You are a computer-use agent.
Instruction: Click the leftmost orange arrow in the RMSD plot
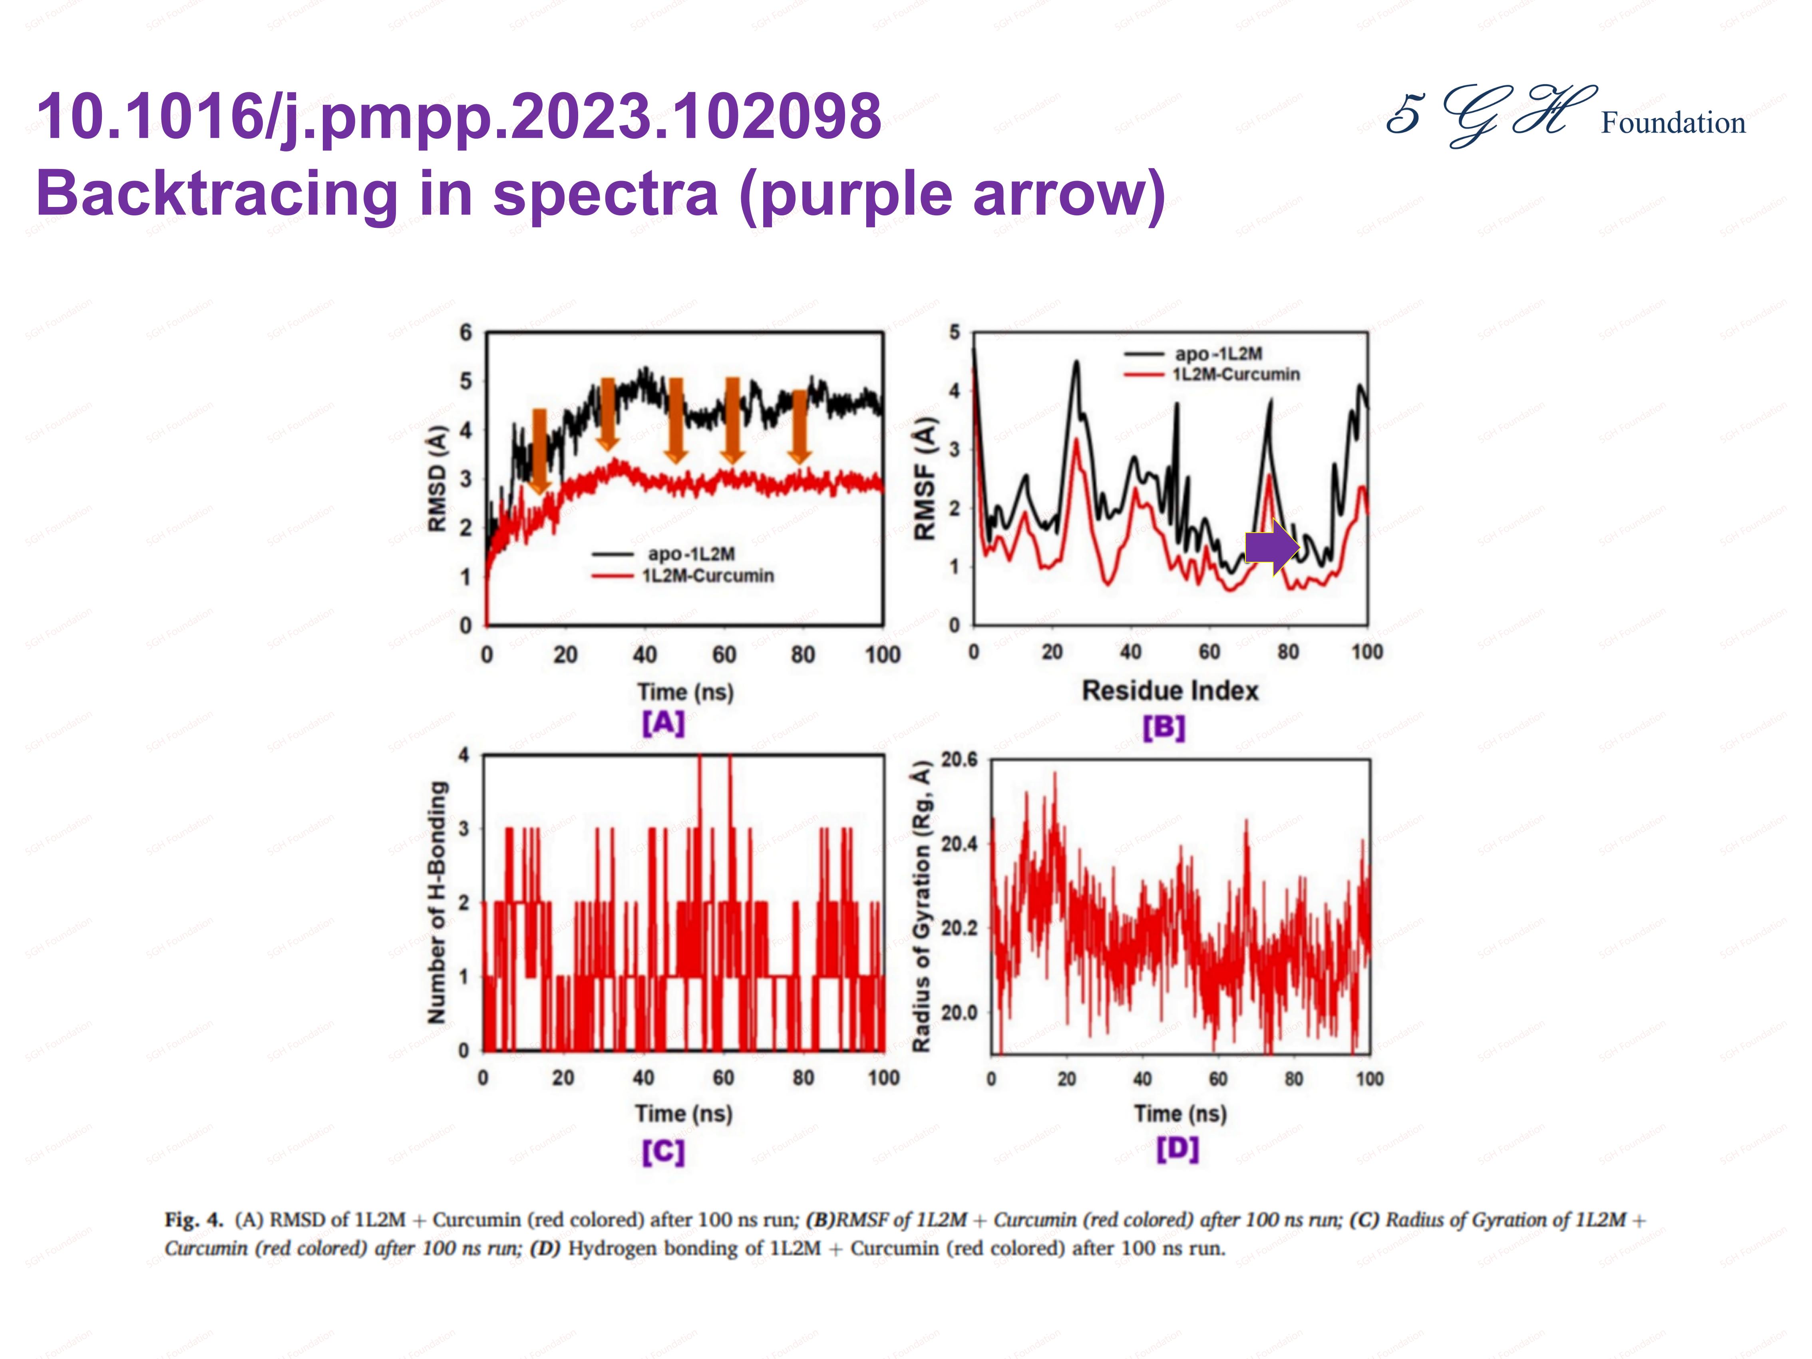coord(539,451)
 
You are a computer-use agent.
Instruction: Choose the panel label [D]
coord(1177,1148)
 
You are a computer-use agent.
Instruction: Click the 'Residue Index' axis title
coord(1170,690)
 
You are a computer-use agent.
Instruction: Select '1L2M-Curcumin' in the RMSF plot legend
coord(1235,374)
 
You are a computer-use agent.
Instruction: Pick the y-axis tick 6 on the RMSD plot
coord(465,332)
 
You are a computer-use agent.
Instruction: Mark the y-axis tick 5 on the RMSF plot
coord(954,332)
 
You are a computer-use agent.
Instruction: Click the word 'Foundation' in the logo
coord(1673,123)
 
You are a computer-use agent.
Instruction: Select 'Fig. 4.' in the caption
coord(193,1220)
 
